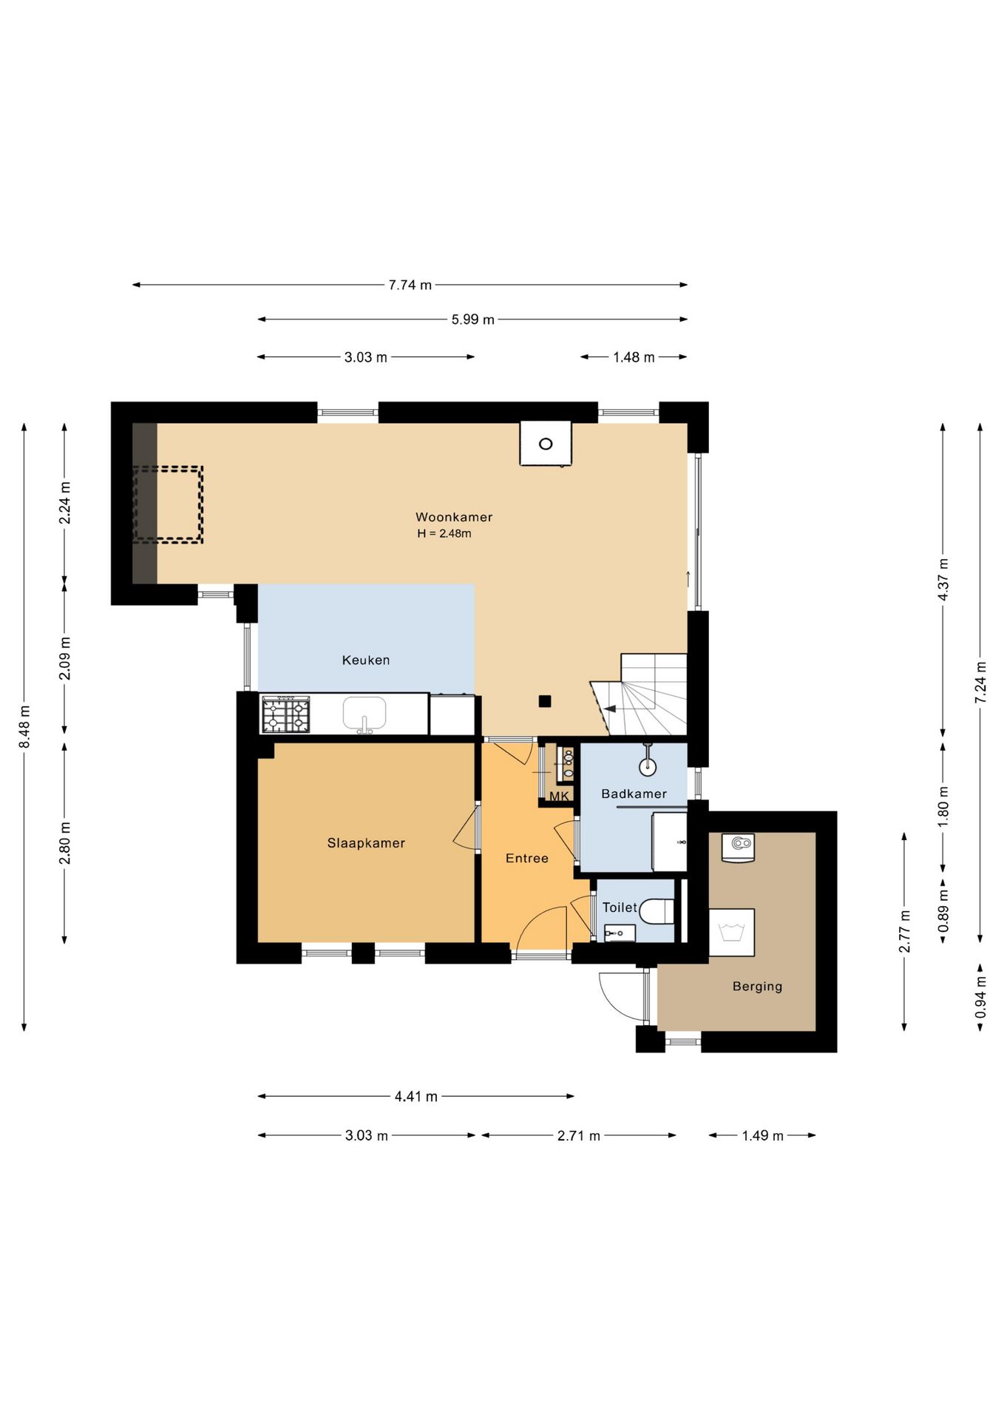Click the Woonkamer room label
pyautogui.click(x=453, y=517)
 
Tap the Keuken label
pyautogui.click(x=365, y=660)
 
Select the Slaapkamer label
pyautogui.click(x=366, y=843)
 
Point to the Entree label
pyautogui.click(x=526, y=858)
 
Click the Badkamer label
pyautogui.click(x=634, y=794)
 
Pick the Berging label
pyautogui.click(x=757, y=986)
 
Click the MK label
pyautogui.click(x=559, y=797)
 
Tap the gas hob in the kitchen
pyautogui.click(x=285, y=714)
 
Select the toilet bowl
pyautogui.click(x=657, y=911)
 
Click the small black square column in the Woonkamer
pyautogui.click(x=545, y=701)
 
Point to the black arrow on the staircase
pyautogui.click(x=610, y=709)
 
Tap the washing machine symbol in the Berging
pyautogui.click(x=732, y=933)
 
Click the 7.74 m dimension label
pyautogui.click(x=410, y=285)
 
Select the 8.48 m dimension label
pyautogui.click(x=24, y=726)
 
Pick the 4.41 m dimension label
pyautogui.click(x=416, y=1096)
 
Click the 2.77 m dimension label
pyautogui.click(x=904, y=932)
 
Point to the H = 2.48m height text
pyautogui.click(x=444, y=533)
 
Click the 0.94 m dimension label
pyautogui.click(x=980, y=997)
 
